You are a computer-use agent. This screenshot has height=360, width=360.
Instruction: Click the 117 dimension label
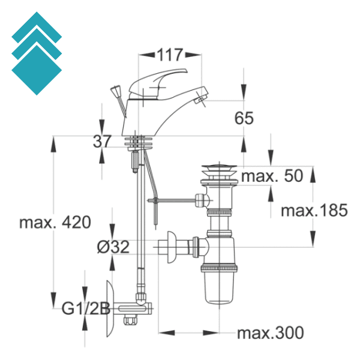170,55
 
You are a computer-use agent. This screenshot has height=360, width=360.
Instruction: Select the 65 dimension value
244,118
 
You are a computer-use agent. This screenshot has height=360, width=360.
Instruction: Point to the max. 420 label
55,222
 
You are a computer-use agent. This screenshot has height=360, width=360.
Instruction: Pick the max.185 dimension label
314,210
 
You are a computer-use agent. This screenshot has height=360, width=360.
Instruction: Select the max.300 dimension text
270,333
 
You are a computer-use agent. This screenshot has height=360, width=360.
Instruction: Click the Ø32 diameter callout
113,247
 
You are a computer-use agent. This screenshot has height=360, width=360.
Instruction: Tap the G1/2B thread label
86,309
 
